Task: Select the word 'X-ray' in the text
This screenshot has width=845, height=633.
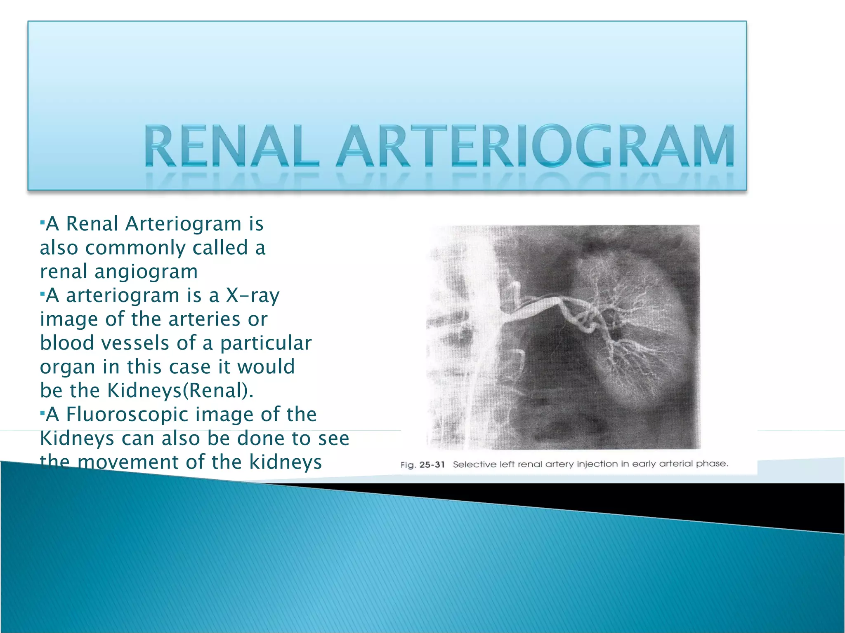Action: click(x=253, y=295)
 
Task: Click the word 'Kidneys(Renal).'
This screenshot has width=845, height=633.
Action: click(x=180, y=391)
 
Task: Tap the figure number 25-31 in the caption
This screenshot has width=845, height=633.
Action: click(x=432, y=465)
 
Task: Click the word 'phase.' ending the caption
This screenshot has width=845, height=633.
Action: click(x=712, y=464)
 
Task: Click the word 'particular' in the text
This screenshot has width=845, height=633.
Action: click(x=266, y=343)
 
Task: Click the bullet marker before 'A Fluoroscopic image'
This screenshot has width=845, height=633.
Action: click(x=42, y=413)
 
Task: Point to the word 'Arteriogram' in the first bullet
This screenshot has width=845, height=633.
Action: click(x=183, y=224)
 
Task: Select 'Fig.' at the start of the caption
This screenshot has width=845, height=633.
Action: click(x=408, y=465)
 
